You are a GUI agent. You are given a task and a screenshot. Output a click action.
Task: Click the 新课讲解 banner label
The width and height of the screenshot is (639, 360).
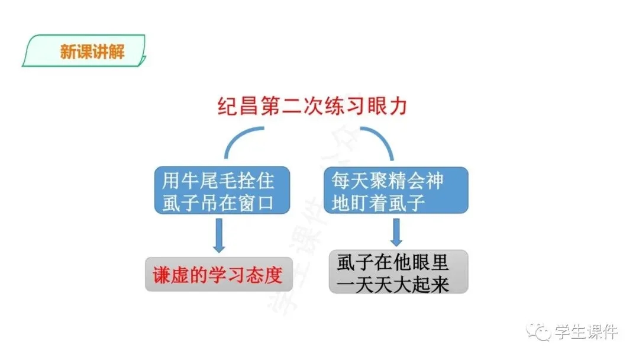(x=92, y=52)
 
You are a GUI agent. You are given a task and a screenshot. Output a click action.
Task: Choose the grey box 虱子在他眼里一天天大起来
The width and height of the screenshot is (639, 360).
(x=398, y=272)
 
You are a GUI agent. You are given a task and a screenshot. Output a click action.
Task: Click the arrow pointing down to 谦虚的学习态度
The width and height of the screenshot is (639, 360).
(x=219, y=236)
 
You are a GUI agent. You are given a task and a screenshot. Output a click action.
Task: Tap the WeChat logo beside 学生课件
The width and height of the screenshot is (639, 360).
(x=540, y=332)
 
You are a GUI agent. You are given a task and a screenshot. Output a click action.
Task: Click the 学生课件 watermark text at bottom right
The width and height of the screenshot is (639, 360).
(x=586, y=332)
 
